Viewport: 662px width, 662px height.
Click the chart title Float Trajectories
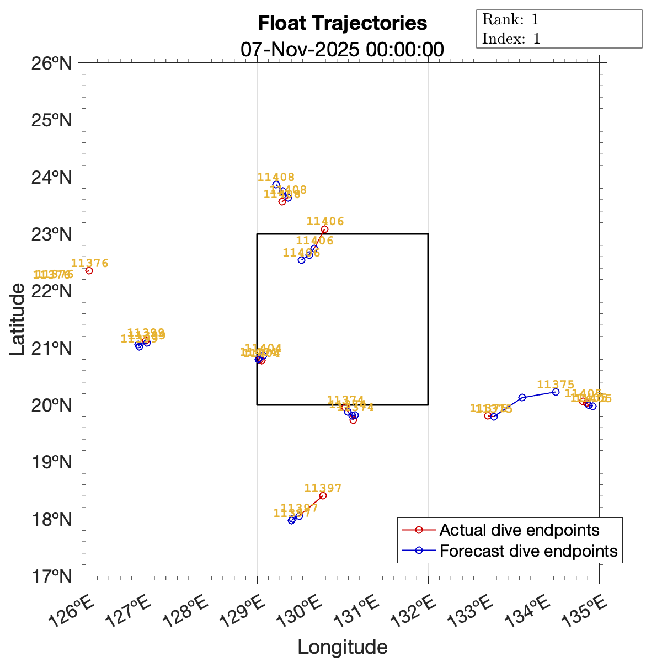(x=342, y=23)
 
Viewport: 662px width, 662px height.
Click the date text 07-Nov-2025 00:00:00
(x=342, y=49)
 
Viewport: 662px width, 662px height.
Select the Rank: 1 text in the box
(x=510, y=20)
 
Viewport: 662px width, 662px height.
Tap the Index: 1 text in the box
(x=511, y=39)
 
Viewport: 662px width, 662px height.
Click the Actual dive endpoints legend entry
(x=519, y=530)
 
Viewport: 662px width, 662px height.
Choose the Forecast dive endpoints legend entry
(x=528, y=551)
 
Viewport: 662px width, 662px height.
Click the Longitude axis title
(x=342, y=647)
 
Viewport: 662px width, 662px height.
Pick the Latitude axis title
(x=18, y=319)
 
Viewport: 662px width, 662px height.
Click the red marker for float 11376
(x=89, y=270)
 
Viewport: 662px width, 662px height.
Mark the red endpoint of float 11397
(x=323, y=496)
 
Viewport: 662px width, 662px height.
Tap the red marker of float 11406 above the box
(x=324, y=229)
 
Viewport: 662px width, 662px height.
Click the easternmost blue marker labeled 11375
(x=556, y=392)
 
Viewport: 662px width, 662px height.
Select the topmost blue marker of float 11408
(x=276, y=184)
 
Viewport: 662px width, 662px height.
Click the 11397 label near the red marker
(x=323, y=488)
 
